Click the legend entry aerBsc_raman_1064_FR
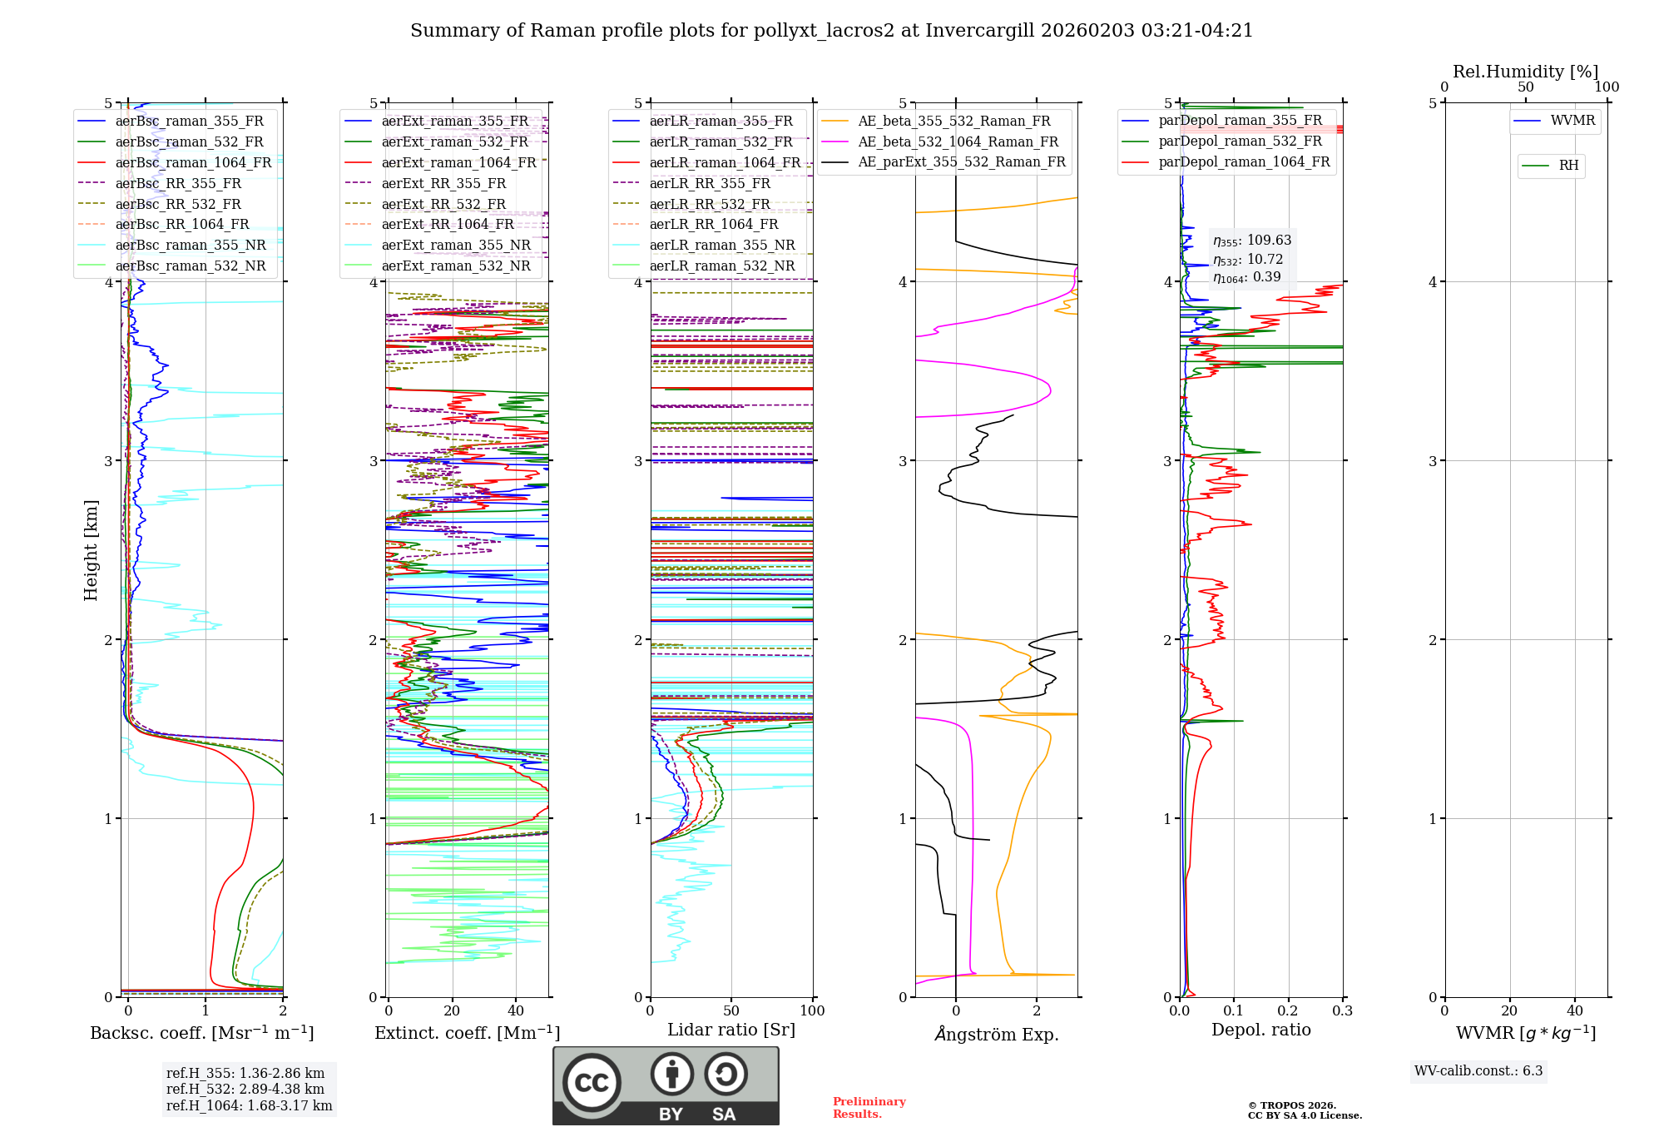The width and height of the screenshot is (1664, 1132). click(x=193, y=162)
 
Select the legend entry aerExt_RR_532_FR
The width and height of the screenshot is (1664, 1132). click(x=443, y=204)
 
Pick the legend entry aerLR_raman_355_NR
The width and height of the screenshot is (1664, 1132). click(x=721, y=245)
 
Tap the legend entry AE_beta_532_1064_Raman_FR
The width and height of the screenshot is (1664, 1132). click(x=958, y=141)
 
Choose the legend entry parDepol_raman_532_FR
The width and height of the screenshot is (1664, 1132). click(x=1240, y=141)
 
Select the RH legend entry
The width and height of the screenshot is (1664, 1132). click(x=1568, y=166)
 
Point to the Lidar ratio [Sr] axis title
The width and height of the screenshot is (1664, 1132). click(x=731, y=1030)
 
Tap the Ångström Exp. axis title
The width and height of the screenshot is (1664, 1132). click(x=997, y=1034)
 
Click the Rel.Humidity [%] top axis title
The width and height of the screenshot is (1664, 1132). click(x=1525, y=72)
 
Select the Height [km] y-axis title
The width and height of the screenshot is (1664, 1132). click(x=91, y=550)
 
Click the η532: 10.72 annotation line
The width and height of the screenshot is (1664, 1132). click(x=1248, y=260)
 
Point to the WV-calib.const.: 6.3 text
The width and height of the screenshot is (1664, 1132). click(x=1478, y=1071)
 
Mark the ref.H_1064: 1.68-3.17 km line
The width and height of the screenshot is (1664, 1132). click(x=249, y=1106)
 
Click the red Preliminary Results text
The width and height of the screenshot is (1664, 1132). click(x=869, y=1108)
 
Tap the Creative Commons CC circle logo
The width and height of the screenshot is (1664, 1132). click(x=592, y=1083)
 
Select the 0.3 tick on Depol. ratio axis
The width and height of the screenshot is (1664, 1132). click(x=1342, y=1011)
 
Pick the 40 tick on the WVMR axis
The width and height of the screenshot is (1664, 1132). click(x=1574, y=1011)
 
